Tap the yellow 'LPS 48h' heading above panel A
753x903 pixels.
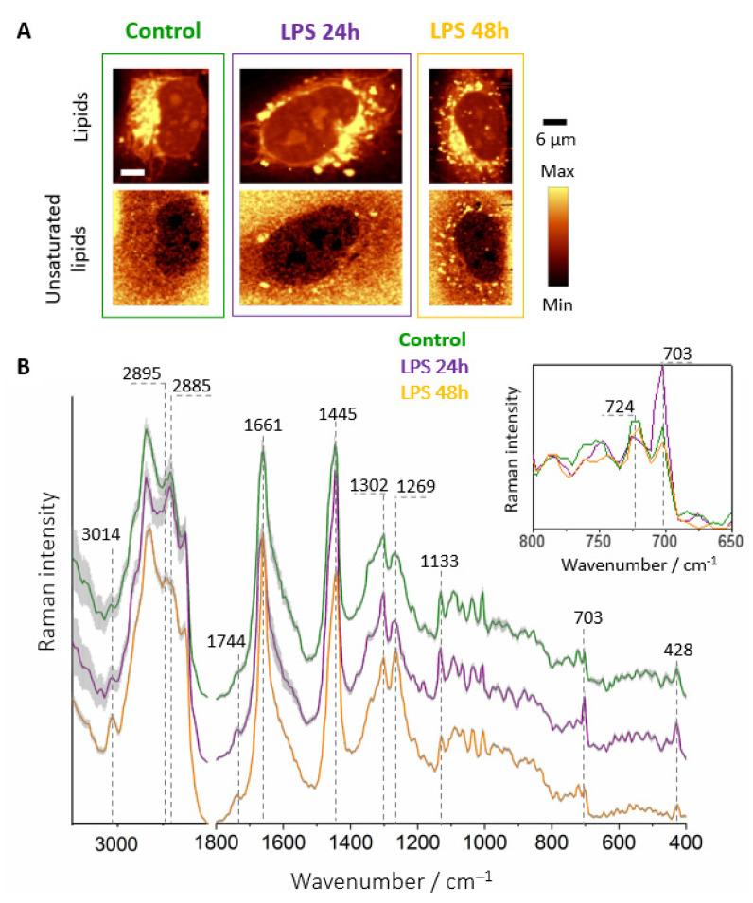tap(469, 30)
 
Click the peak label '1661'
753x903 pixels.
tap(263, 398)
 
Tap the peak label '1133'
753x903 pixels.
tap(440, 561)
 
